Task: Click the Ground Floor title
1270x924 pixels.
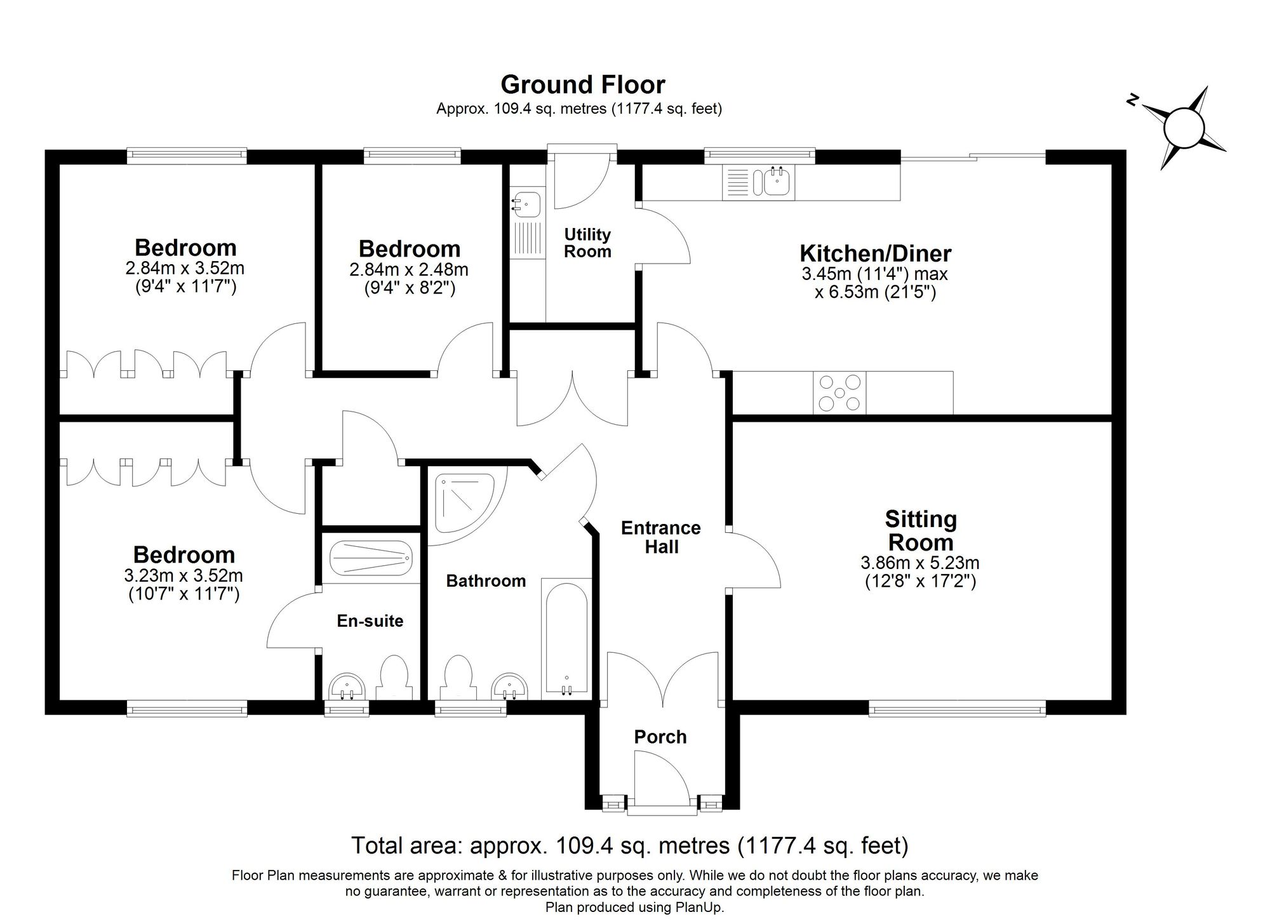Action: point(582,84)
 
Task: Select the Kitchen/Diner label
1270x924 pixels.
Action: point(875,253)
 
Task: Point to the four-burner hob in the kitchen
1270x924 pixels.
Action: point(839,393)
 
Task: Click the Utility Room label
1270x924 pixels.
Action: point(587,243)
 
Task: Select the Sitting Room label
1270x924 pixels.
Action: point(921,531)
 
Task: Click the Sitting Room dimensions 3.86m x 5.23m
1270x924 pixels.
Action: point(920,563)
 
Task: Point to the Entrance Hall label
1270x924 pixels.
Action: point(661,537)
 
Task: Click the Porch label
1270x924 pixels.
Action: point(660,737)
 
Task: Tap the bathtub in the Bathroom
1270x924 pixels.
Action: point(567,639)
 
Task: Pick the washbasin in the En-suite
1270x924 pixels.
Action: point(347,686)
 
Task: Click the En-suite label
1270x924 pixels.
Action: point(370,620)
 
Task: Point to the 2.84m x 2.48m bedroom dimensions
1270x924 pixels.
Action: point(409,270)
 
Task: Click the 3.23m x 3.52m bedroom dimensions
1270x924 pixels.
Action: point(184,576)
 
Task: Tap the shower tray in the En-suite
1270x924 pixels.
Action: point(371,558)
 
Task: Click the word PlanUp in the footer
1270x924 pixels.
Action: point(699,907)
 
